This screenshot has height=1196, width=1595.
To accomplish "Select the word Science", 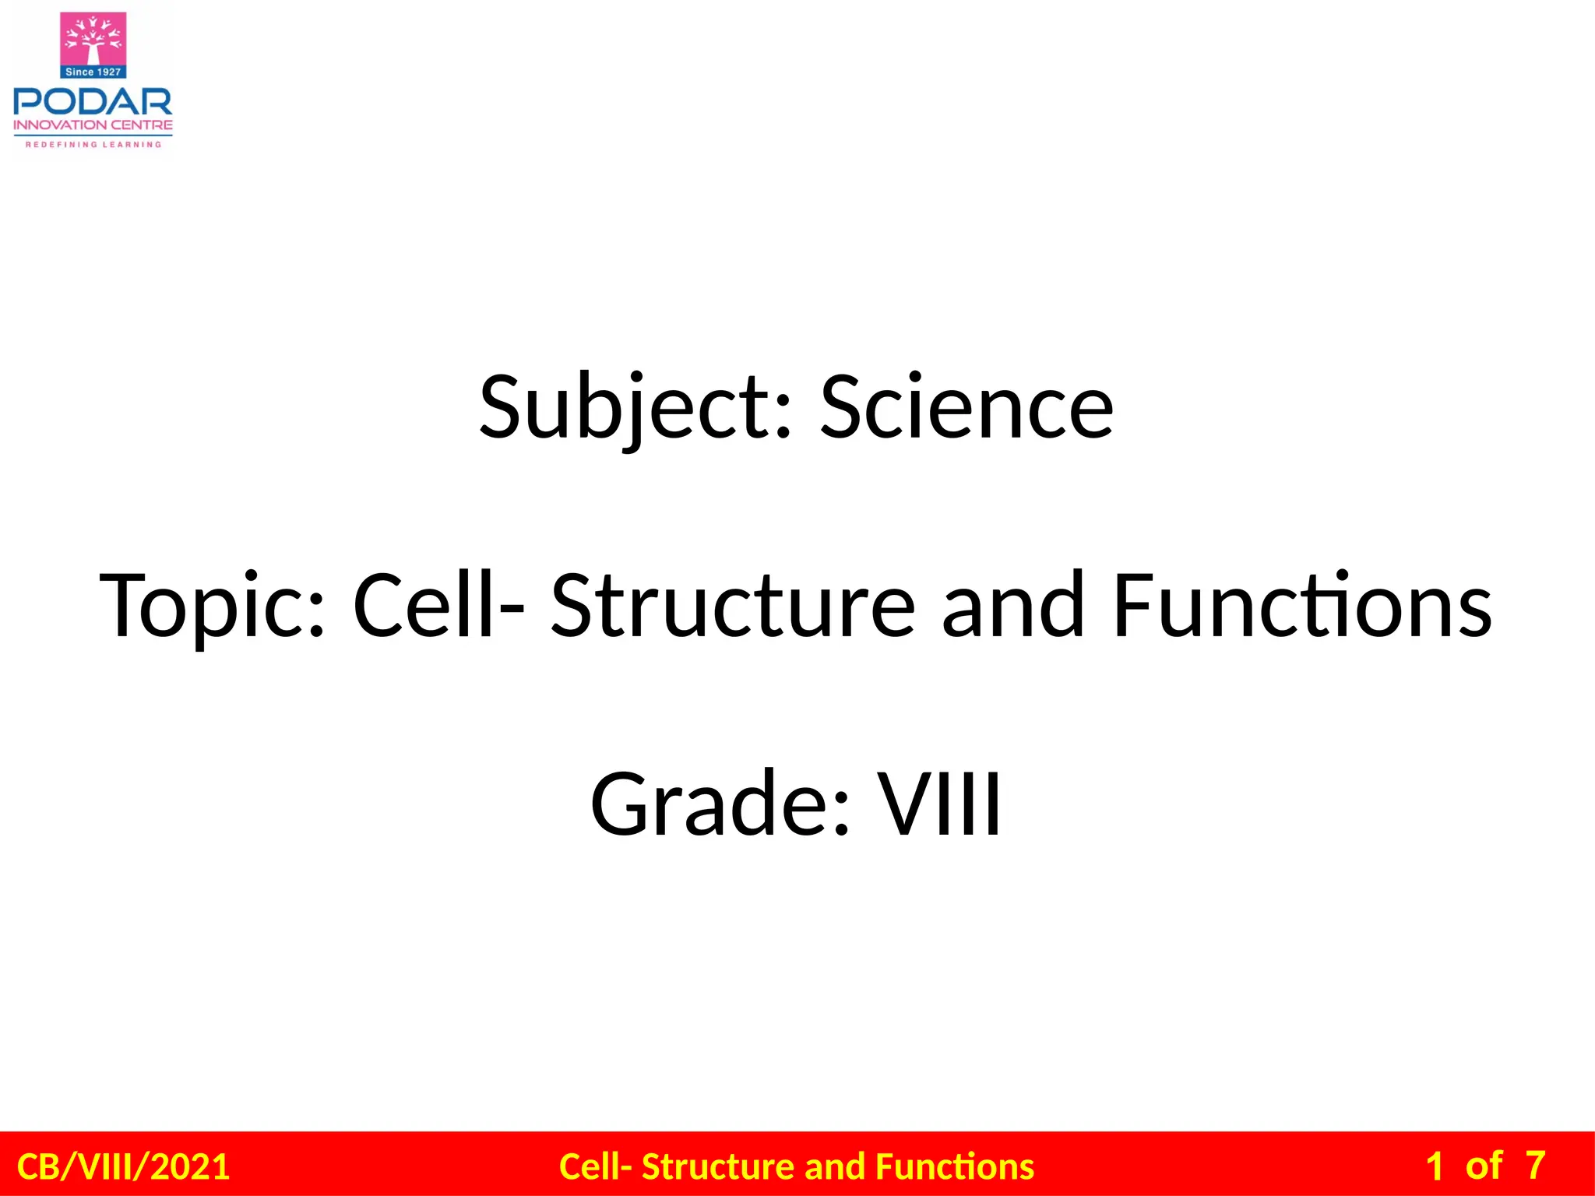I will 967,408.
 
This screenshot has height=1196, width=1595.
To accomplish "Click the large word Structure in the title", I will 733,605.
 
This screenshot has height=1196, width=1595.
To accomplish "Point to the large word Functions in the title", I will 1302,605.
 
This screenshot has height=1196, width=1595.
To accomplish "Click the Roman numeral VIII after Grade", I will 940,804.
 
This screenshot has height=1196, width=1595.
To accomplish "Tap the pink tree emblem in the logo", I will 93,39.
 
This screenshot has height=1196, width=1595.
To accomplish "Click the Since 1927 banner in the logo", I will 93,72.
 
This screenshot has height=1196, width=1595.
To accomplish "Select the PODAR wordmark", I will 93,101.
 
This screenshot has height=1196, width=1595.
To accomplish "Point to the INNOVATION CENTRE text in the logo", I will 93,125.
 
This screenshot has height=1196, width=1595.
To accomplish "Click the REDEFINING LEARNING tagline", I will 93,144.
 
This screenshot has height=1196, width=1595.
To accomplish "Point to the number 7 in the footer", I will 1535,1166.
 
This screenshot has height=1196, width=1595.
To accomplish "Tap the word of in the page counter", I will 1483,1166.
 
